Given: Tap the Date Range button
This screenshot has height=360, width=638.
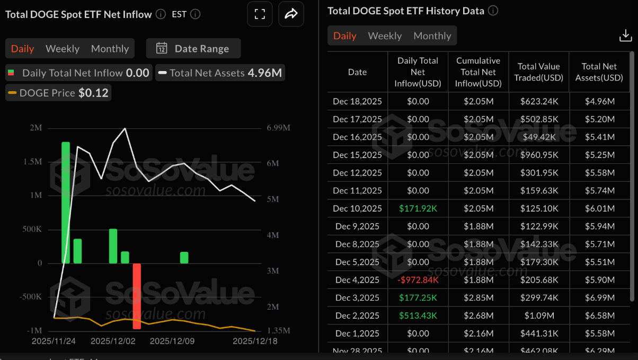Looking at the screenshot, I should pyautogui.click(x=193, y=49).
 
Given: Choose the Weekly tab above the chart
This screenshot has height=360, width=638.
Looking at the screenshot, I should pyautogui.click(x=63, y=49).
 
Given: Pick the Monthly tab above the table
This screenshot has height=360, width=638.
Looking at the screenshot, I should pyautogui.click(x=432, y=36).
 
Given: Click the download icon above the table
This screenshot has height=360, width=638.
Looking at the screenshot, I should pyautogui.click(x=625, y=36).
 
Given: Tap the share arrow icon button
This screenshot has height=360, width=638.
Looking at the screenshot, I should pyautogui.click(x=291, y=14).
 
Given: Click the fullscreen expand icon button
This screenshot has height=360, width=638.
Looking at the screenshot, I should pyautogui.click(x=260, y=14).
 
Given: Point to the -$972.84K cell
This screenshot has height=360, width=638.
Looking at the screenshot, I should pyautogui.click(x=418, y=280).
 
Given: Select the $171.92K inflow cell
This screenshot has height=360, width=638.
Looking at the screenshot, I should pyautogui.click(x=418, y=208).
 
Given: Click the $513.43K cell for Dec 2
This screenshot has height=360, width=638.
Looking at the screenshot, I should pyautogui.click(x=418, y=315).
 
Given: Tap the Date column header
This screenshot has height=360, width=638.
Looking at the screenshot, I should pyautogui.click(x=357, y=72).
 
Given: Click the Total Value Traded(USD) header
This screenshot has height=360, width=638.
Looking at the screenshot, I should pyautogui.click(x=538, y=72).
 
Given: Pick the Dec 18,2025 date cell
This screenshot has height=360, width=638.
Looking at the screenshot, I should pyautogui.click(x=357, y=101).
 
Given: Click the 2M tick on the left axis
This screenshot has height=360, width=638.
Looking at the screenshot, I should pyautogui.click(x=37, y=128).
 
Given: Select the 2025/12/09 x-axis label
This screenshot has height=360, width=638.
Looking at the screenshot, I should pyautogui.click(x=172, y=341).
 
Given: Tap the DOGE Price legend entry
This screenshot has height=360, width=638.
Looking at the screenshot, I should pyautogui.click(x=58, y=93).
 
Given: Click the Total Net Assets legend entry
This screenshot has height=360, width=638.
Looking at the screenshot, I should pyautogui.click(x=220, y=73).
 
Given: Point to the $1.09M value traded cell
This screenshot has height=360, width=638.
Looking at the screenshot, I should pyautogui.click(x=538, y=315).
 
